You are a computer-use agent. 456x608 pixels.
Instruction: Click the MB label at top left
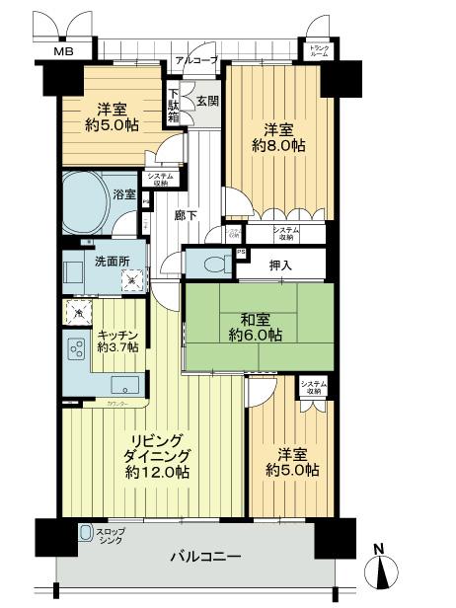63,51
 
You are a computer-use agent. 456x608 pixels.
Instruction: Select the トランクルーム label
319,50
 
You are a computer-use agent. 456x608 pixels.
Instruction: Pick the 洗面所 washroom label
87,265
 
